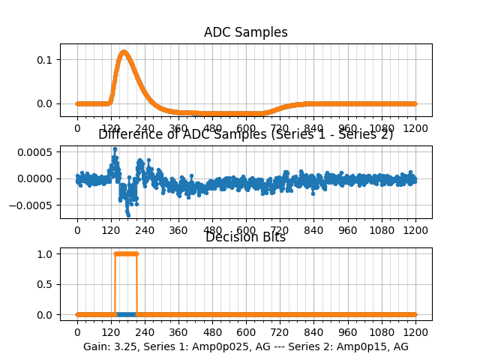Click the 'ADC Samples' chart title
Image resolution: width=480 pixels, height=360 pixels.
pyautogui.click(x=246, y=32)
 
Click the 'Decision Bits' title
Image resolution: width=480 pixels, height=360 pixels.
pyautogui.click(x=246, y=238)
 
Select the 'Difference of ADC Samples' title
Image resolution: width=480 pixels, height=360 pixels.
pyautogui.click(x=246, y=135)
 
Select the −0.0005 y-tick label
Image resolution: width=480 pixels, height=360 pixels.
pyautogui.click(x=34, y=205)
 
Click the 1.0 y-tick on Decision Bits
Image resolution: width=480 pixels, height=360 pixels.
pyautogui.click(x=45, y=253)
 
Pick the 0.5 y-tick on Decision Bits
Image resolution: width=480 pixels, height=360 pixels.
pyautogui.click(x=45, y=284)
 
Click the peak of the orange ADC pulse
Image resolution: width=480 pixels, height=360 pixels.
pyautogui.click(x=123, y=52)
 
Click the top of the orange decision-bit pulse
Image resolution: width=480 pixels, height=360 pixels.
pyautogui.click(x=126, y=253)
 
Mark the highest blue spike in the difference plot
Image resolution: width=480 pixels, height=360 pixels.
pyautogui.click(x=115, y=148)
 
